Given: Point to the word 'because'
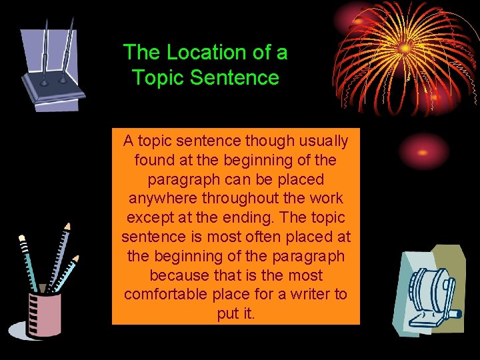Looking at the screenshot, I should tap(179, 275).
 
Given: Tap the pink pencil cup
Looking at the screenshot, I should tap(44, 313).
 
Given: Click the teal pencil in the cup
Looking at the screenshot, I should tap(30, 267).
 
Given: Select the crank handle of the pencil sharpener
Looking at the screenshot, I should tap(453, 312).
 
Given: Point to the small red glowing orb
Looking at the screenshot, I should tap(422, 151).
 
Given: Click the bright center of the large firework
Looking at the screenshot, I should tap(405, 49).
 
